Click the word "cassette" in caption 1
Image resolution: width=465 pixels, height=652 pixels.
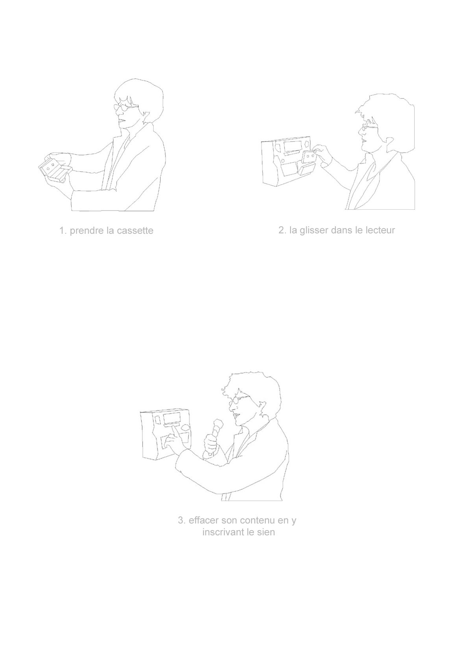(x=135, y=231)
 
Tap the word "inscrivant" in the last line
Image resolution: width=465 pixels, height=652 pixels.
(x=223, y=533)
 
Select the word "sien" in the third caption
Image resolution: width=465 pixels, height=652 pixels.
(x=266, y=533)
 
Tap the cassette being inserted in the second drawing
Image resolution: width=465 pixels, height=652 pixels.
(x=309, y=157)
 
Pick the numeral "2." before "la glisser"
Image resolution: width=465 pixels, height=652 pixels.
(x=282, y=230)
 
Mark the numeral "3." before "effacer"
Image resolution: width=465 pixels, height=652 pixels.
(x=182, y=520)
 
